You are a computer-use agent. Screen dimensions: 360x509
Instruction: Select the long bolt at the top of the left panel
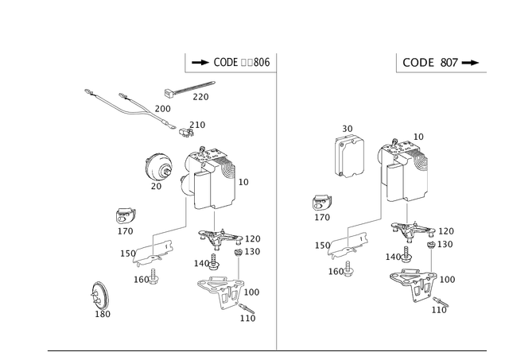pyautogui.click(x=191, y=89)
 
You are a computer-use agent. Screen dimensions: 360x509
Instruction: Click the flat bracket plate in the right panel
pyautogui.click(x=347, y=245)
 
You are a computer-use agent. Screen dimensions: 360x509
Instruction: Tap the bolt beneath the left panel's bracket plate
pyautogui.click(x=148, y=277)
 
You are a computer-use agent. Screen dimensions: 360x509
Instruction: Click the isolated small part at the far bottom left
pyautogui.click(x=100, y=297)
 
